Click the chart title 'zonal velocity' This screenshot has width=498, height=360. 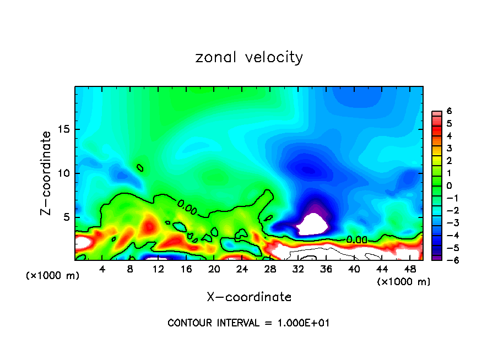coord(249,57)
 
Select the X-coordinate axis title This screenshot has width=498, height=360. coord(249,297)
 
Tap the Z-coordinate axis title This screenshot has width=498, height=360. coord(48,173)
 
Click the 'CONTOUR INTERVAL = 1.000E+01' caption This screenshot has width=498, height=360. coord(248,323)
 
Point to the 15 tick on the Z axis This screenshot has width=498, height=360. coord(65,130)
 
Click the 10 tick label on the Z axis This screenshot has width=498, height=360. coord(65,173)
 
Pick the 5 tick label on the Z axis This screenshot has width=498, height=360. coord(68,217)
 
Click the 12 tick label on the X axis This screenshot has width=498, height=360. coord(158,269)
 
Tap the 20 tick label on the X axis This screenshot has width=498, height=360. coord(214,269)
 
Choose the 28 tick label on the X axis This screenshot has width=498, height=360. coord(270,269)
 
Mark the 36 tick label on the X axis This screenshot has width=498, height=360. coord(326,269)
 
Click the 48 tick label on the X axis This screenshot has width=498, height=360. coord(409,269)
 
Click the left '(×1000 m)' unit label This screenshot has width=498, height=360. coord(52,276)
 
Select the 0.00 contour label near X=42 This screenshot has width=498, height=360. coord(357,239)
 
